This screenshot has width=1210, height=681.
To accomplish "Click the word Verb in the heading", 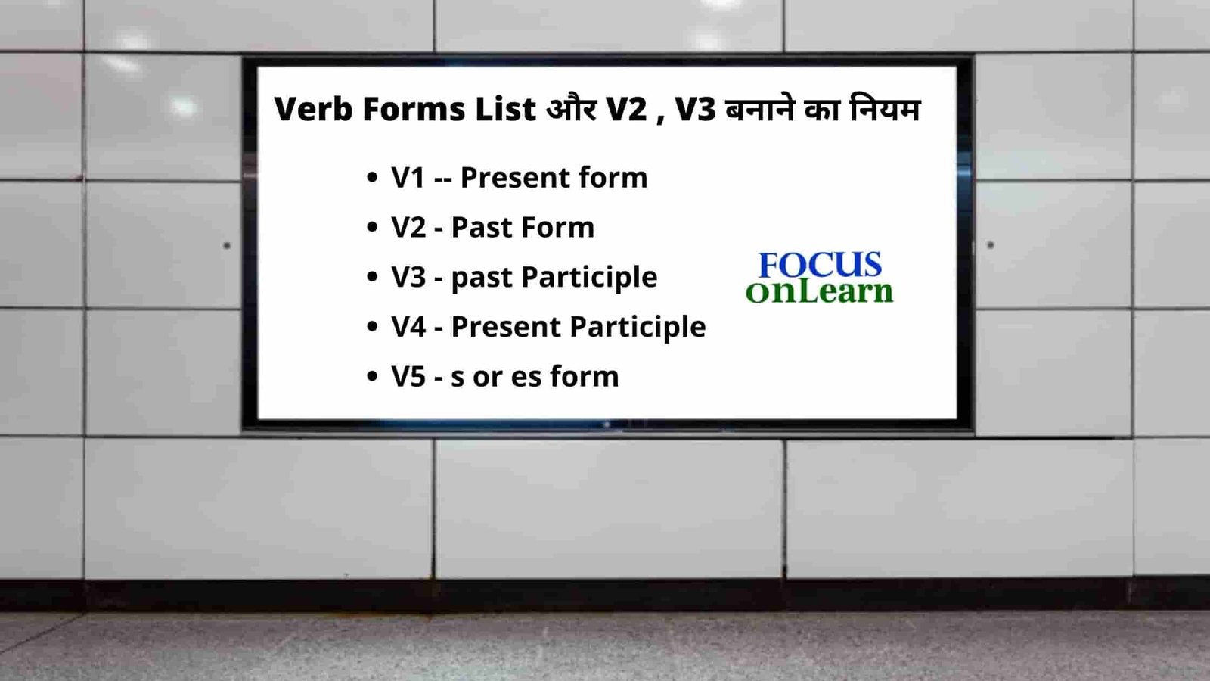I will click(313, 109).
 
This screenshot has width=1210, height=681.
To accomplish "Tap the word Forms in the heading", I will click(414, 109).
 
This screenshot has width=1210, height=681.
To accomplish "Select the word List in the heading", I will click(505, 109).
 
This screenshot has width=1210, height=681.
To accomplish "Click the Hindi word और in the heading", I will click(571, 109).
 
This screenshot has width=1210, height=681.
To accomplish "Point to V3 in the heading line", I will click(695, 109).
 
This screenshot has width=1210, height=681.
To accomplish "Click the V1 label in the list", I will click(408, 178).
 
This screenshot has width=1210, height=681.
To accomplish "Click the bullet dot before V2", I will click(371, 227).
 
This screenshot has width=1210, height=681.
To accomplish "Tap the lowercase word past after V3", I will click(482, 278).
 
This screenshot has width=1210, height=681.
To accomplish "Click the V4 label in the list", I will click(408, 327).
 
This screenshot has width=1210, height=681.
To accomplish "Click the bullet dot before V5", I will click(371, 376).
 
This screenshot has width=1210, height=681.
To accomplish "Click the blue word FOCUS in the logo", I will click(820, 265).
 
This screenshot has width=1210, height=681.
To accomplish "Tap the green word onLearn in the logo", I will click(819, 291).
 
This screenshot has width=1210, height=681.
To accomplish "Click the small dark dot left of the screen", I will click(227, 246).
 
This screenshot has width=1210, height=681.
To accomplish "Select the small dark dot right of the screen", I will click(991, 245).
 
